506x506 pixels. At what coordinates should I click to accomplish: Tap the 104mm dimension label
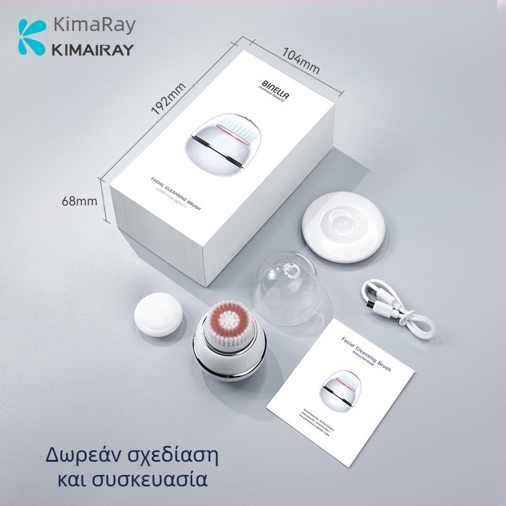(301, 59)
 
